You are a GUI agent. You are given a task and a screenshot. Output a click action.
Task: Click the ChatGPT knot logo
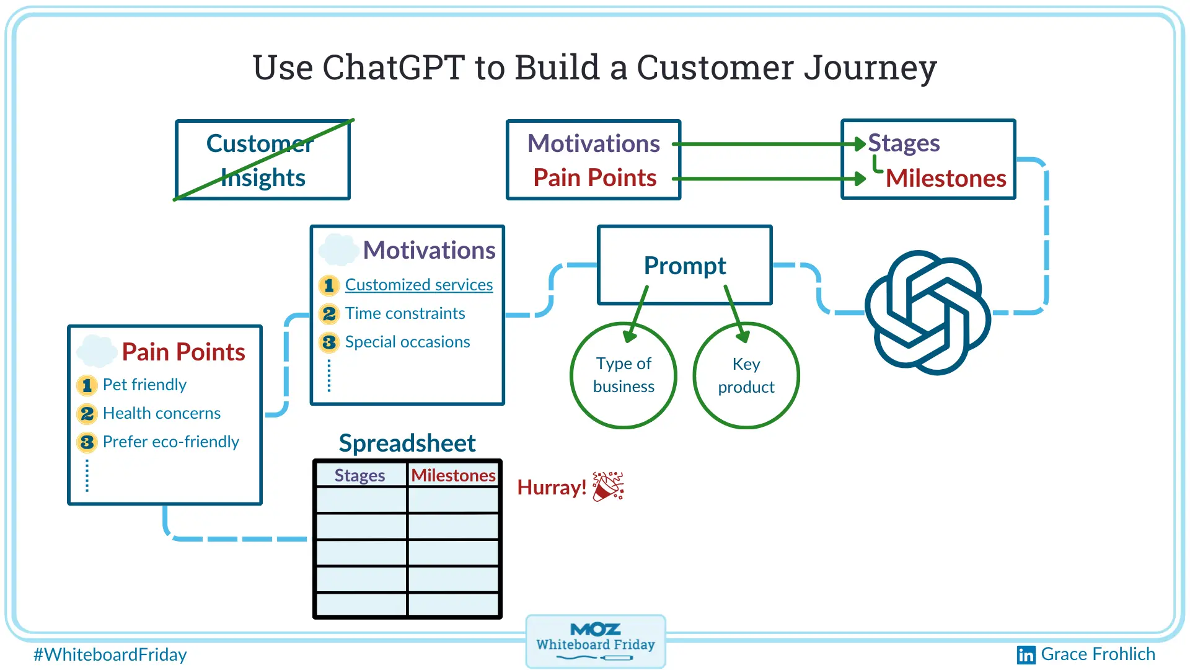(x=928, y=312)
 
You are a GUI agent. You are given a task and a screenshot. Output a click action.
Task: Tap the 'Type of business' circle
(x=624, y=375)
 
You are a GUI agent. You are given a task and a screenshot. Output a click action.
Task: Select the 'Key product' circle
(x=746, y=375)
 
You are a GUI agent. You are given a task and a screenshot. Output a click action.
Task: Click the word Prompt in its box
(x=685, y=266)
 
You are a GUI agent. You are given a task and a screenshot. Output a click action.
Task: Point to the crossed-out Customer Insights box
(x=263, y=160)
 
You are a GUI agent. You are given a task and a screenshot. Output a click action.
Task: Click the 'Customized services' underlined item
(x=418, y=285)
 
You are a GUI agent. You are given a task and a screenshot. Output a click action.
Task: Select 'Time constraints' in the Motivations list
(x=405, y=313)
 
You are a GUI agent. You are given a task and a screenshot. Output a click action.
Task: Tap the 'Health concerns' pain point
(x=161, y=413)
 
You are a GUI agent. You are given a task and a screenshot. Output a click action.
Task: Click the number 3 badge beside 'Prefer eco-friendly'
(x=87, y=442)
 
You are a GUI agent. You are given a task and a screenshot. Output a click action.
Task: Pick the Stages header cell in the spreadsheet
(x=360, y=475)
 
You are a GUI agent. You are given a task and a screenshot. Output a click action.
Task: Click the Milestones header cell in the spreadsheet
(x=453, y=475)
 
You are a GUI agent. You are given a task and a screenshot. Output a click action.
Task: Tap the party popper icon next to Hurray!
(x=608, y=486)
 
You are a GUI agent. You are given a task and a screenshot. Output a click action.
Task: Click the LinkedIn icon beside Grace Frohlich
(x=1026, y=655)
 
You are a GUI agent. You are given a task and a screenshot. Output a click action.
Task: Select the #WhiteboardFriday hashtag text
(x=110, y=654)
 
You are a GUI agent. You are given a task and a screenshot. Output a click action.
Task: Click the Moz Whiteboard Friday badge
(x=595, y=641)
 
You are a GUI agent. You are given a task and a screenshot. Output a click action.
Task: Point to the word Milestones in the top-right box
(x=946, y=179)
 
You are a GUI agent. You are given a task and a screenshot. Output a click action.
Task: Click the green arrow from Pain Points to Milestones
(x=769, y=179)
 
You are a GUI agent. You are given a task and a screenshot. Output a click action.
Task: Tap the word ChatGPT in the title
(x=393, y=68)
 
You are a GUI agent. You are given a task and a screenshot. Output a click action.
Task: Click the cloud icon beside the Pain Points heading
(x=96, y=351)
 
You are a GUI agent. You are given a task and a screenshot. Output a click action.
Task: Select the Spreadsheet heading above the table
(x=407, y=443)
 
